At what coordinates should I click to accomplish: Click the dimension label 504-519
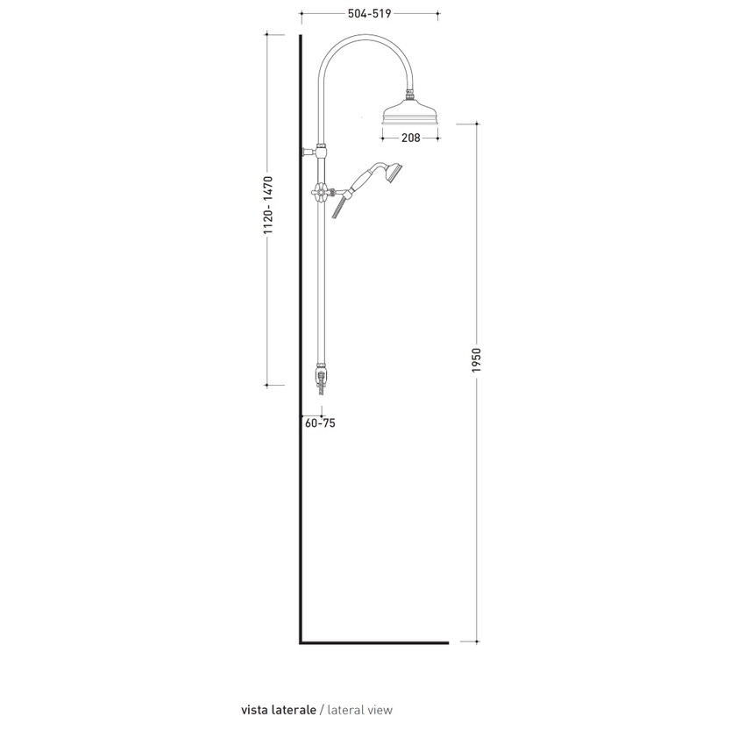coord(369,14)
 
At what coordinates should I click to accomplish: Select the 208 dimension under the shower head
coord(411,138)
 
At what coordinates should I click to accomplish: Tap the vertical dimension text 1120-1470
coord(270,206)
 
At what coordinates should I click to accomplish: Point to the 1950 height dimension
coord(477,359)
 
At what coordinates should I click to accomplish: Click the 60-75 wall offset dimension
coord(320,423)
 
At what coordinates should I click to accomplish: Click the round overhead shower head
coord(412,117)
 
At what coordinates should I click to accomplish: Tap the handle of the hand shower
coord(358,184)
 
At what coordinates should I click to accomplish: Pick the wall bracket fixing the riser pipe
coord(309,152)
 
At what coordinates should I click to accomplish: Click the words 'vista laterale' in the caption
coord(278,710)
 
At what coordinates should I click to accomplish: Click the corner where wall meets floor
coord(302,642)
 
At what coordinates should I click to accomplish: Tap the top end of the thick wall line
coord(301,38)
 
